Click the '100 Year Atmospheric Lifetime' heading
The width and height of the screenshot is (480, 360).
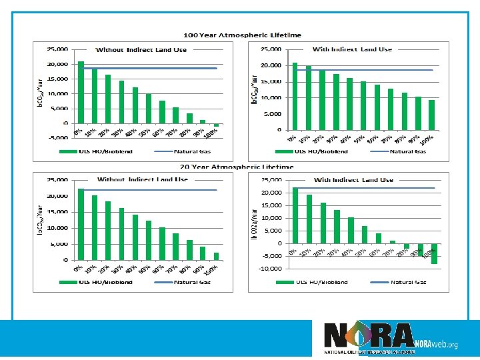tap(242, 35)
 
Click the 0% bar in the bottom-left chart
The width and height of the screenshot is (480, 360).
tap(81, 224)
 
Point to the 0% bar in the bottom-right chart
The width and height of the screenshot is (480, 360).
tap(295, 215)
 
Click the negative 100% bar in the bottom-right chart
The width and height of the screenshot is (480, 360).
tap(434, 254)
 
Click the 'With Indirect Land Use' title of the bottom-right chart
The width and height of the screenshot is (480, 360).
tap(353, 180)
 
